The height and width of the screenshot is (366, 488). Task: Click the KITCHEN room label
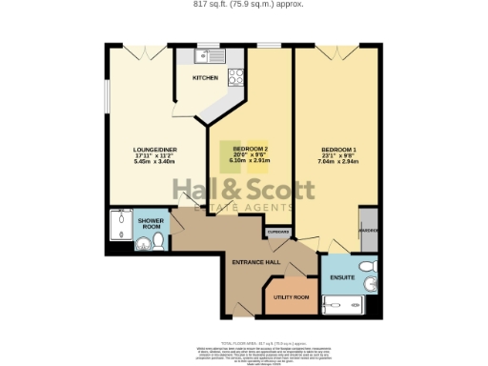[x=205, y=77]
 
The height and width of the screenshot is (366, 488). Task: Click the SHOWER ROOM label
[x=151, y=224]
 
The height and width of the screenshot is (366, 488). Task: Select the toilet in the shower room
[x=143, y=245]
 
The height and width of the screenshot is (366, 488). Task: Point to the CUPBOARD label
[x=277, y=232]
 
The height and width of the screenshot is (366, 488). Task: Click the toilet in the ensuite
[x=365, y=266]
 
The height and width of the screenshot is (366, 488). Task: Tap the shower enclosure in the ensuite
[x=342, y=304]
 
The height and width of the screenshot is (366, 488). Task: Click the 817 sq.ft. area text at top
[x=243, y=5]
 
